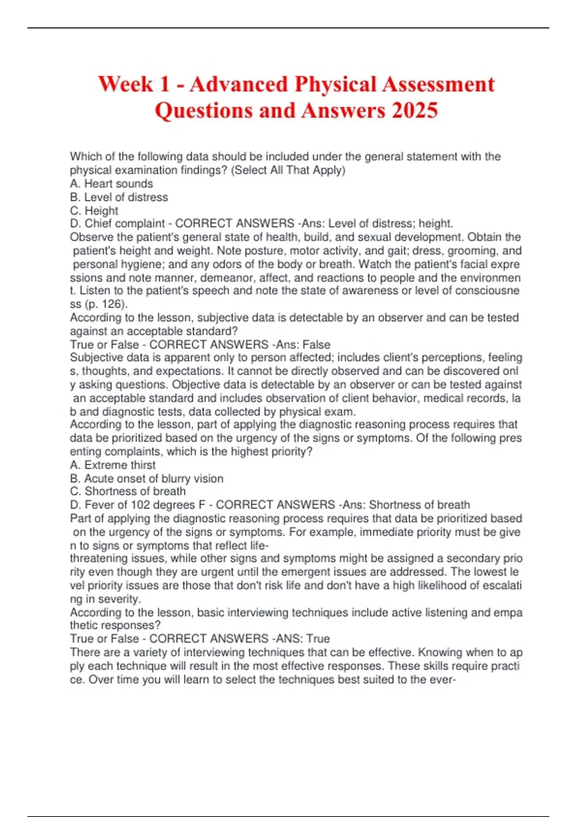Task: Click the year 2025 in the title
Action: [414, 110]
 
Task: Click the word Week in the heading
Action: [125, 84]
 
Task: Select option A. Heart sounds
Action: [112, 184]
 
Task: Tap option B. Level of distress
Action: [119, 197]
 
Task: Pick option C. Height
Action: [94, 210]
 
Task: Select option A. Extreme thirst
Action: [113, 465]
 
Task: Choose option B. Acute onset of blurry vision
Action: [147, 478]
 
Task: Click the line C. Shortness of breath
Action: [128, 491]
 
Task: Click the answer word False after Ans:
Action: [316, 345]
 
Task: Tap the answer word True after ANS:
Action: [318, 639]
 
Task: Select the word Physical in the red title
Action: [335, 84]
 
